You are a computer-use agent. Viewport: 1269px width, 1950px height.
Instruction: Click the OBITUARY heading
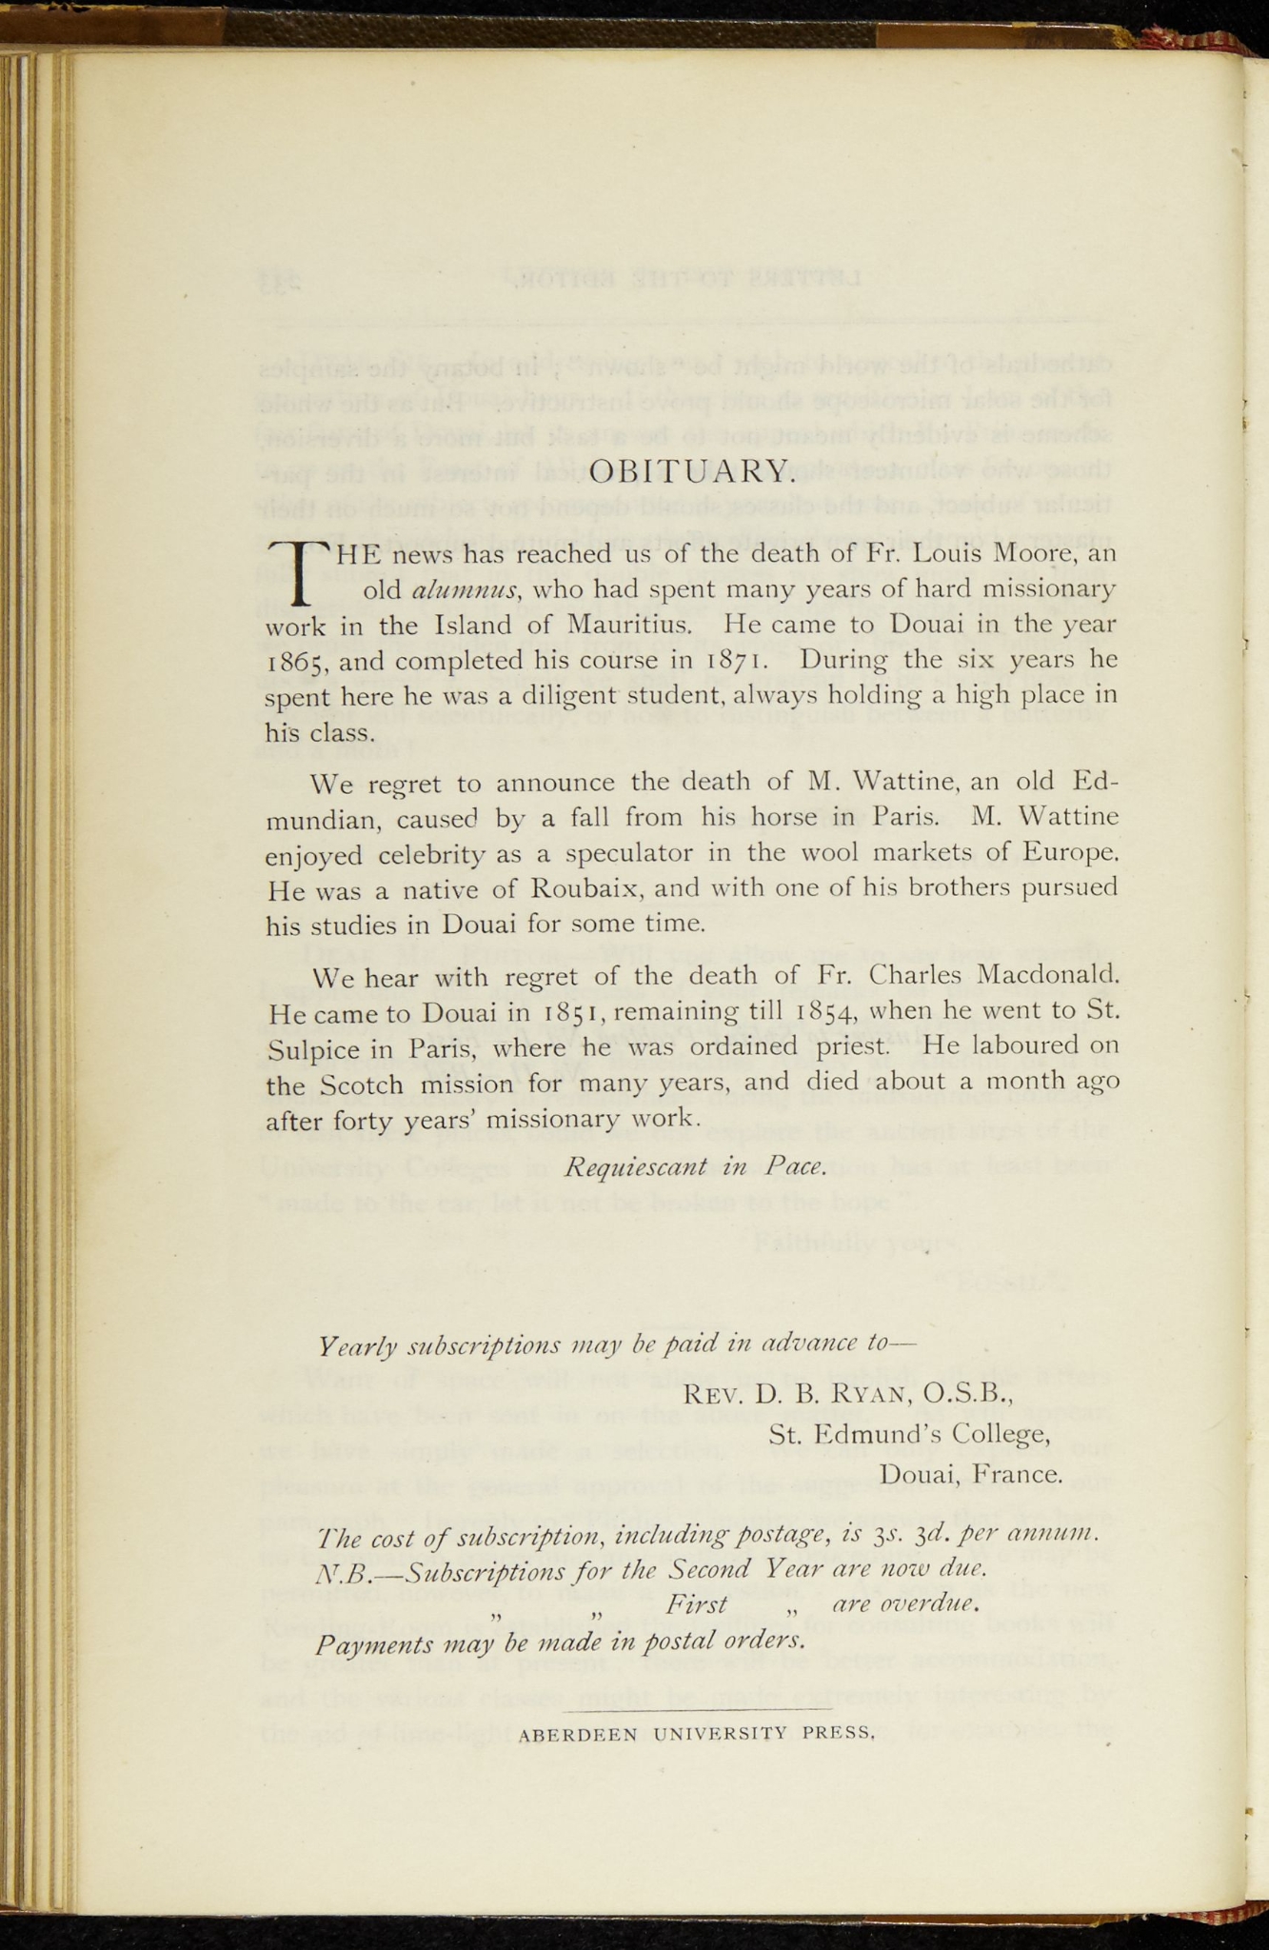(x=689, y=470)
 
